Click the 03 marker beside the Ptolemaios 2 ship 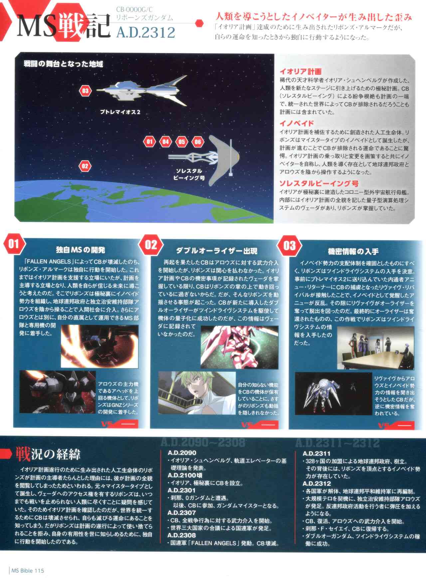(86, 91)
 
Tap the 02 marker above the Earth (85, 166)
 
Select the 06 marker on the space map (198, 142)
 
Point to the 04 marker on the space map (165, 142)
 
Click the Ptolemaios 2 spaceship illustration (142, 90)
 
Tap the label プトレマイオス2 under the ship (120, 112)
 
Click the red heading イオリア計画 (300, 71)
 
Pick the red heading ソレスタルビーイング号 (319, 183)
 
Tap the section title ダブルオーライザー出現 (217, 251)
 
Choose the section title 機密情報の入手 (353, 251)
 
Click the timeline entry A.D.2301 (182, 490)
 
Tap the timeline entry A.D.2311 (317, 453)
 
